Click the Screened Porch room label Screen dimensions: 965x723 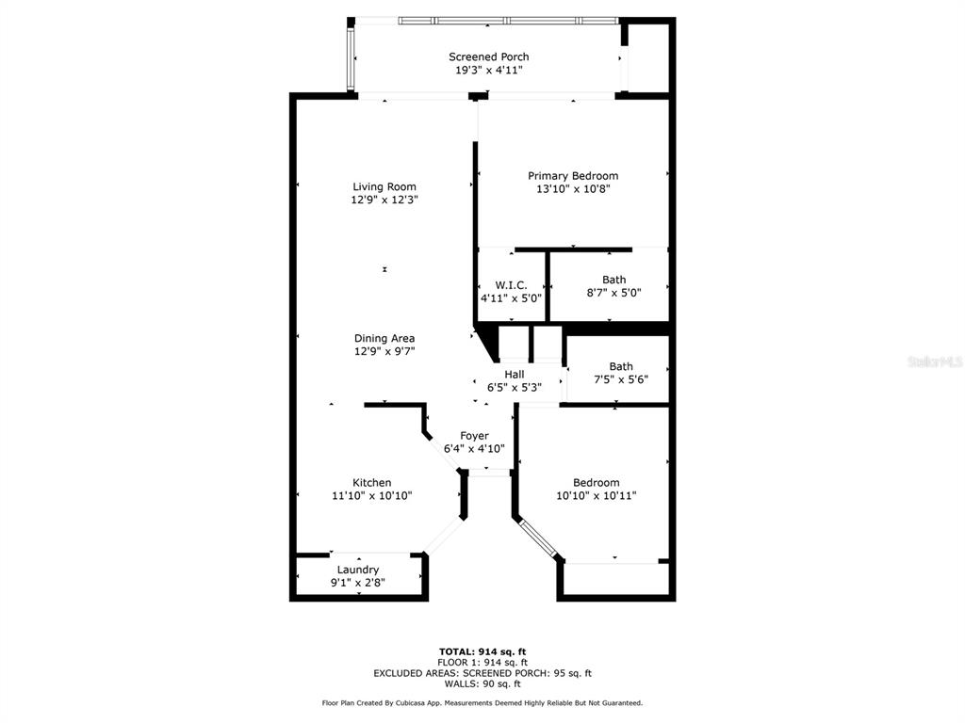tap(489, 56)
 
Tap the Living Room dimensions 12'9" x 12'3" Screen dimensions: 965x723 tap(384, 200)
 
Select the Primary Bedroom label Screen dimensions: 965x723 tap(573, 176)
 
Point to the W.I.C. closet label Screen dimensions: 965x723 tap(511, 285)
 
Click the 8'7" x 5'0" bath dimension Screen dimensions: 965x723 tap(613, 293)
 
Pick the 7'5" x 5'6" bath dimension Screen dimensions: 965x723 tap(621, 379)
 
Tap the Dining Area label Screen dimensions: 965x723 tap(384, 338)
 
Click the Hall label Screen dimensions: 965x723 tap(515, 375)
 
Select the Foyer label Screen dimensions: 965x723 tap(475, 436)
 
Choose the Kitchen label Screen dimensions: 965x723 tap(371, 483)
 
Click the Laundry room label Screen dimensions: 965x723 tap(358, 570)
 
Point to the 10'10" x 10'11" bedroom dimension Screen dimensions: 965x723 tap(597, 495)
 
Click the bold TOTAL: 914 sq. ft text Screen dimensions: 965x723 tap(482, 651)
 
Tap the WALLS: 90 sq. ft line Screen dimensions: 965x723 tap(482, 683)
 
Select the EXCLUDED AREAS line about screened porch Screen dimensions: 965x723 tap(482, 673)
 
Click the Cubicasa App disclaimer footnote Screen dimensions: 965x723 tap(482, 702)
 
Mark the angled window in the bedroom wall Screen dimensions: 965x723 tap(538, 538)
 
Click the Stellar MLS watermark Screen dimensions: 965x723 tap(935, 362)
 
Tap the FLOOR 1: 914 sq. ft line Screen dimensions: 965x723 tap(482, 663)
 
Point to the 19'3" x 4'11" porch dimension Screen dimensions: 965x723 tap(489, 70)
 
